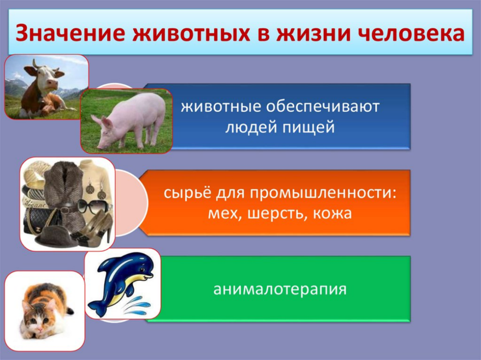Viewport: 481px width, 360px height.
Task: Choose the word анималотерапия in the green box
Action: tap(279, 289)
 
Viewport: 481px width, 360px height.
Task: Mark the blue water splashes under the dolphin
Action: tap(136, 306)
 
